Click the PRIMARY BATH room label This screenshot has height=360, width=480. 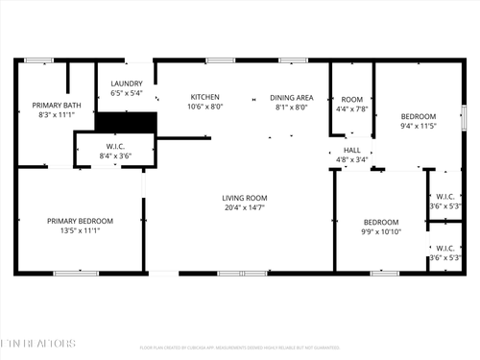(x=53, y=105)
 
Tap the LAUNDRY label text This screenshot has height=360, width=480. (x=127, y=84)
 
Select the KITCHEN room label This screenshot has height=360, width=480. (x=205, y=97)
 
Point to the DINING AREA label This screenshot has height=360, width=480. (x=292, y=97)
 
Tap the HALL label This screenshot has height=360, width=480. (x=352, y=150)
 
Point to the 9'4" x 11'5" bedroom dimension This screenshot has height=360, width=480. (x=418, y=126)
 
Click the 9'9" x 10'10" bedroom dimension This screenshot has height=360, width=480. (x=380, y=231)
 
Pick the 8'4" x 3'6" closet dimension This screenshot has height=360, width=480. (x=114, y=156)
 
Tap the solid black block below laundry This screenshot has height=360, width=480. (x=126, y=123)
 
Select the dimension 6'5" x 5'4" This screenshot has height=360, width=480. (x=127, y=94)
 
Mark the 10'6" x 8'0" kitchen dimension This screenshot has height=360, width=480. (x=205, y=107)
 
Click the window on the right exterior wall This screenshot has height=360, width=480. (x=465, y=115)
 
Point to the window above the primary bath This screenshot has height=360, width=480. (x=38, y=60)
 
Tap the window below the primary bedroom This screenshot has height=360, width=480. (x=76, y=274)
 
